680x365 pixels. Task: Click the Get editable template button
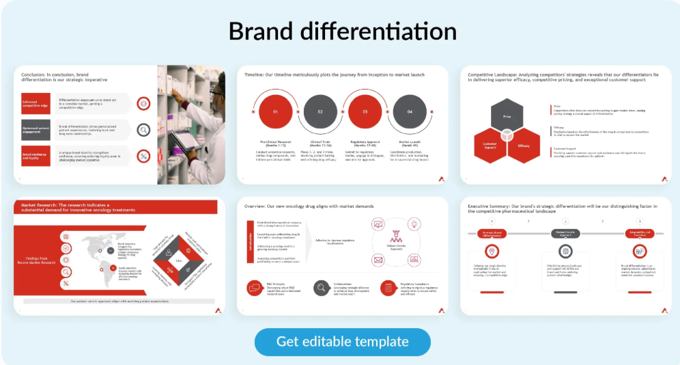click(x=342, y=342)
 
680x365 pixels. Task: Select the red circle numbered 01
click(x=275, y=111)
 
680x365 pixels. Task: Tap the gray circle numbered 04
click(x=410, y=111)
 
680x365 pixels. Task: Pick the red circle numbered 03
click(x=365, y=111)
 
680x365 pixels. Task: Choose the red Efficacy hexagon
click(x=524, y=146)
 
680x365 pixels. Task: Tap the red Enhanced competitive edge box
click(x=36, y=103)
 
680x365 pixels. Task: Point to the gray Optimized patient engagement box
click(x=36, y=129)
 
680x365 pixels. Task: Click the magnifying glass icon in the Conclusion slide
click(x=143, y=130)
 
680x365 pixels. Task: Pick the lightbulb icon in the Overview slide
click(x=414, y=224)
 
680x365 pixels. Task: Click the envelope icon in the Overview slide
click(x=378, y=260)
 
